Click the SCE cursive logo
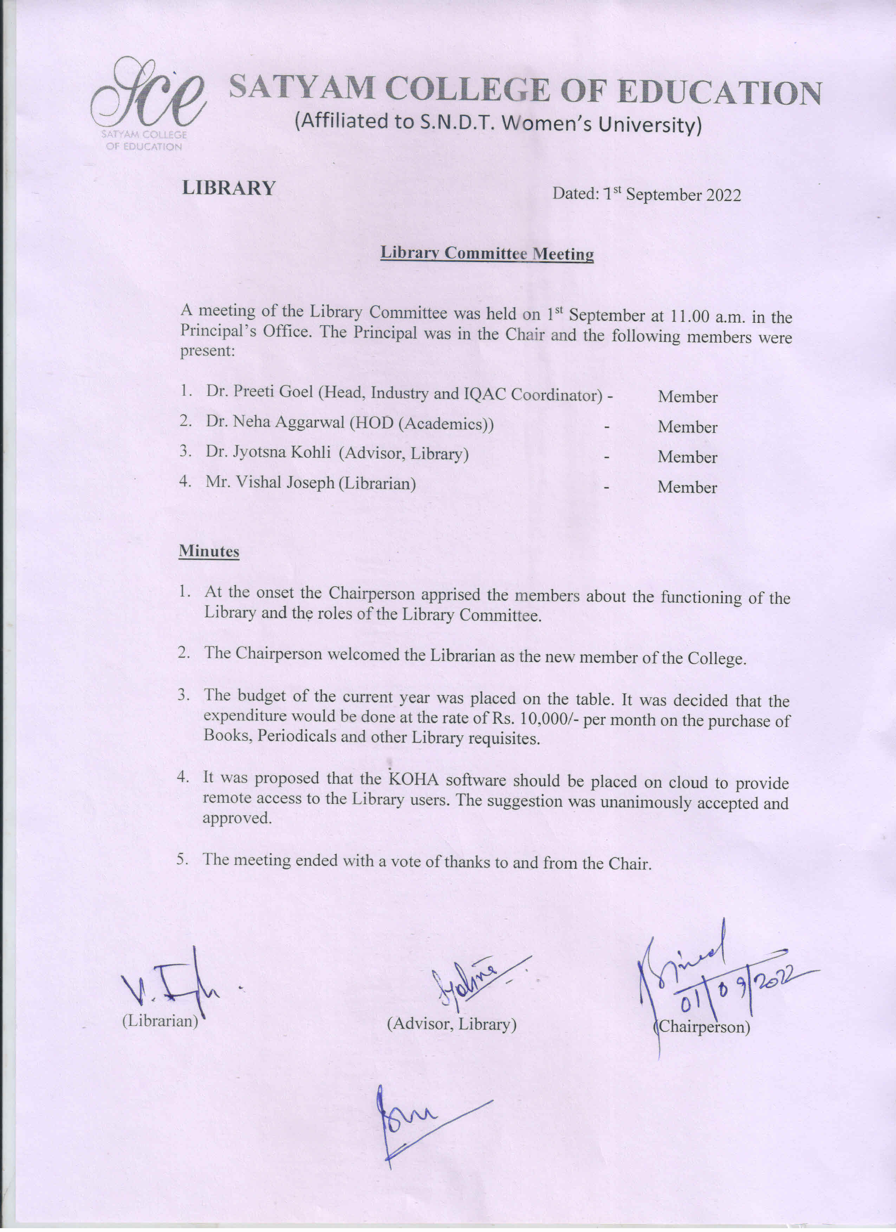(x=148, y=98)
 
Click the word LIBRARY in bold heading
(x=229, y=188)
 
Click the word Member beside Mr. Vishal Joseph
(x=687, y=487)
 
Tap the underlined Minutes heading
(x=209, y=551)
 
